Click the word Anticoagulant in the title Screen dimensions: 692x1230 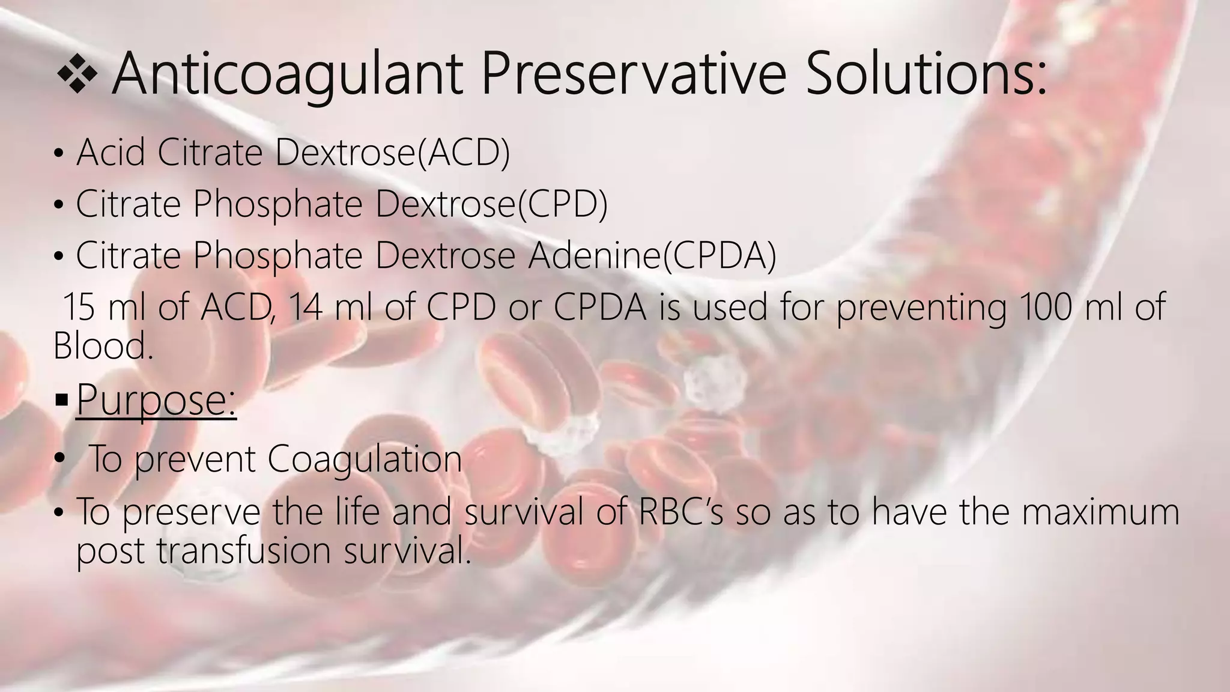287,74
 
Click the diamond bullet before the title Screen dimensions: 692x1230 76,75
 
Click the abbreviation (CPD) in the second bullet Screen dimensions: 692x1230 562,204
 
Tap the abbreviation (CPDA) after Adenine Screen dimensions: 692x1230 720,256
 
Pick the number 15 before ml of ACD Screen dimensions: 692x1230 78,307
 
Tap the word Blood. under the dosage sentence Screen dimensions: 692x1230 103,347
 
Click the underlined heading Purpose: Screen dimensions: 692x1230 156,399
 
